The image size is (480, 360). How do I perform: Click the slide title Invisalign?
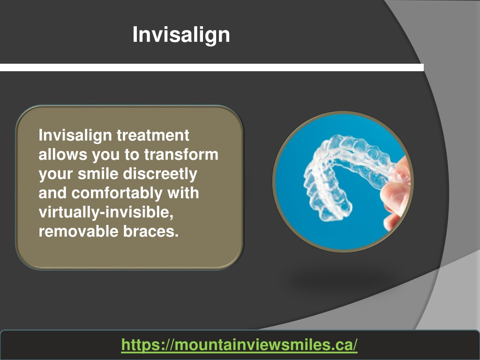(181, 35)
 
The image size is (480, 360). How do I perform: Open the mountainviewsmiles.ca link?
(240, 345)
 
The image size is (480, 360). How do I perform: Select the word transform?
(181, 154)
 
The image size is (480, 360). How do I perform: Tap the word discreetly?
(160, 174)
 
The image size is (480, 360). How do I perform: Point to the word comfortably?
(117, 194)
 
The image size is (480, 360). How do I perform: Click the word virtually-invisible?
(106, 212)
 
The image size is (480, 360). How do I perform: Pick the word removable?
(78, 231)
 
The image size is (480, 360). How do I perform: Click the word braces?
(151, 231)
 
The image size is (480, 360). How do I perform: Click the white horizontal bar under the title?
(212, 67)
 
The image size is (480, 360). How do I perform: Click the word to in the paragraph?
(132, 155)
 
